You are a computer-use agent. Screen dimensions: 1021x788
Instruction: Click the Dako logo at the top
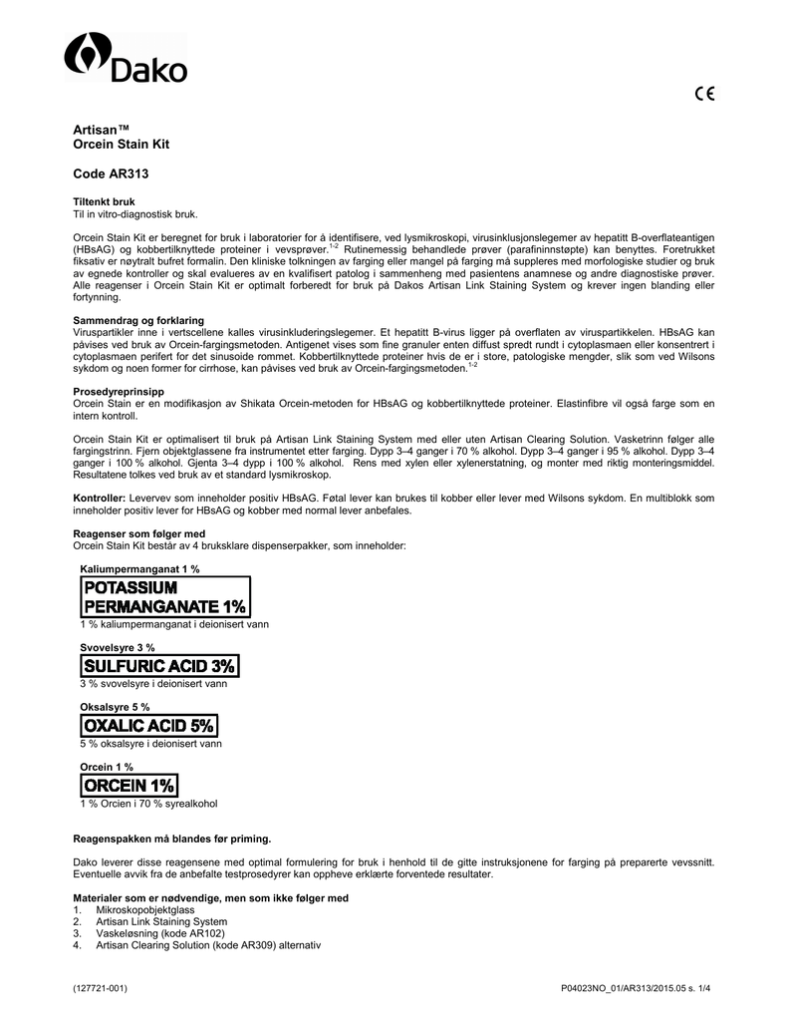tap(126, 59)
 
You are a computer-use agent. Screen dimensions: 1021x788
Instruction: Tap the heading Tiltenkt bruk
tap(104, 201)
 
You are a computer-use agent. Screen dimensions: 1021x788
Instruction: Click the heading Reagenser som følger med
tap(138, 533)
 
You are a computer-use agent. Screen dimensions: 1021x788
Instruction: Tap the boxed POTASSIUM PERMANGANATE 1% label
tap(165, 597)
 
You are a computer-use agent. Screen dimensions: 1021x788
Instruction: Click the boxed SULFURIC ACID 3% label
tap(159, 665)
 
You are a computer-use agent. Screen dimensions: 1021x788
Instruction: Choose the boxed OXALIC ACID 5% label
tap(149, 726)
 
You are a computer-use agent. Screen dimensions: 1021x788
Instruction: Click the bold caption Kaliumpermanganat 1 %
tap(139, 568)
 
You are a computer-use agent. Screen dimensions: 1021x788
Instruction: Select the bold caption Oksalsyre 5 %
tap(115, 707)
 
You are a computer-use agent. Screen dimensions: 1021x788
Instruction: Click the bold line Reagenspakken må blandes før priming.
tap(172, 838)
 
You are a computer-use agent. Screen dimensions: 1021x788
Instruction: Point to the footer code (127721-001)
tap(101, 987)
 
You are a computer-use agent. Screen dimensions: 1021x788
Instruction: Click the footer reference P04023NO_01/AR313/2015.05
tap(627, 987)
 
